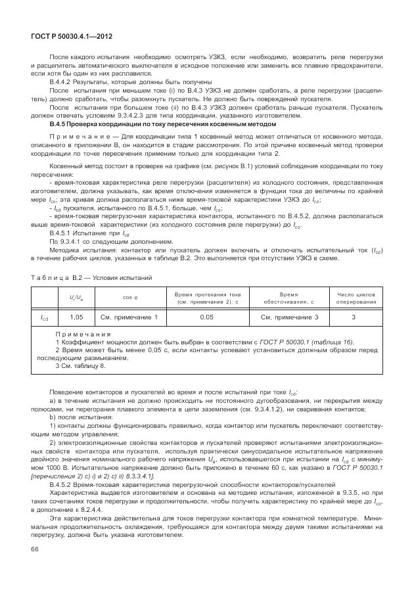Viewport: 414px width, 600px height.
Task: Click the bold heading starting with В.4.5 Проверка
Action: pos(163,124)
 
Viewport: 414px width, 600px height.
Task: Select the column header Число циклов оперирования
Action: pos(357,297)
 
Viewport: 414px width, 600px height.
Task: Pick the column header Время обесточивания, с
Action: pos(289,297)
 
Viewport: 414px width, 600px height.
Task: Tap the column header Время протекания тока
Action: pos(207,297)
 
